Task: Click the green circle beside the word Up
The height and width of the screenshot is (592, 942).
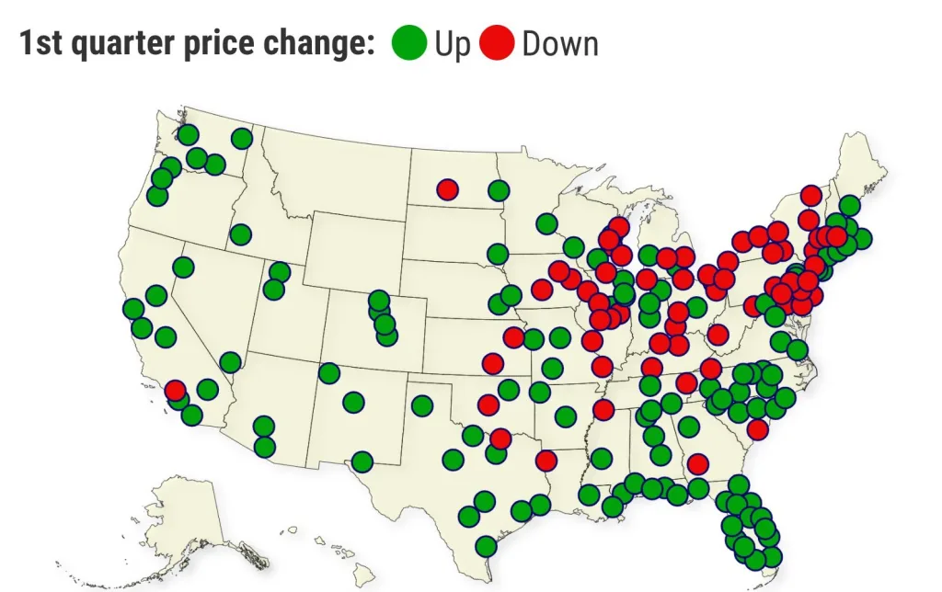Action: tap(409, 43)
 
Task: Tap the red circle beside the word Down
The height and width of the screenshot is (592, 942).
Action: tap(496, 43)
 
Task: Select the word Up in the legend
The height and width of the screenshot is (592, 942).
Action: tap(452, 44)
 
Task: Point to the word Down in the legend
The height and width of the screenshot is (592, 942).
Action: tap(559, 44)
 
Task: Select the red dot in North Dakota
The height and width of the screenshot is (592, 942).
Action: tap(448, 189)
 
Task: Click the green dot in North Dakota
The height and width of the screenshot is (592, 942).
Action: tap(499, 190)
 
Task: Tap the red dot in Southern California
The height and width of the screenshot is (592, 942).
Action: tap(175, 390)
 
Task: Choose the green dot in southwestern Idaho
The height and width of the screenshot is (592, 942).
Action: tap(240, 234)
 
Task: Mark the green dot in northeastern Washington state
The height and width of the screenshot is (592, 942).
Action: tap(242, 138)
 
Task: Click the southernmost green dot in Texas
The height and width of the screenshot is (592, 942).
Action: tap(487, 546)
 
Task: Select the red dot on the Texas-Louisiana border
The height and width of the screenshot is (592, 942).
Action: tap(546, 460)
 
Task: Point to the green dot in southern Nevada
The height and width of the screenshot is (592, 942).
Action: tap(230, 362)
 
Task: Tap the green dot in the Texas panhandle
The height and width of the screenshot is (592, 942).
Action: tap(422, 405)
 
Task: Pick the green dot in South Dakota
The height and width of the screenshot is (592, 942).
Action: tap(498, 254)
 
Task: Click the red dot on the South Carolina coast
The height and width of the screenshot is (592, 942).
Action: tap(757, 429)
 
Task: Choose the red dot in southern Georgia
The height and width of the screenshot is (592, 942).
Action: tap(698, 462)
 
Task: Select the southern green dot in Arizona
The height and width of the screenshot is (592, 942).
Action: tap(264, 447)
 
